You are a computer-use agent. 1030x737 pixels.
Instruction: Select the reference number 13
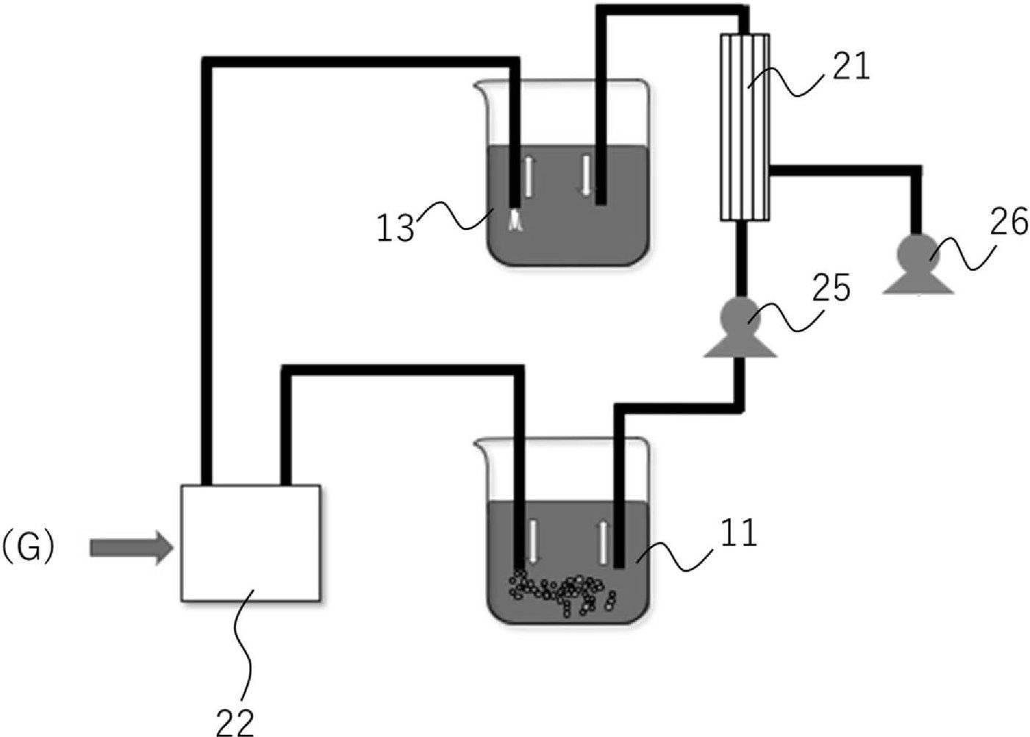pos(396,228)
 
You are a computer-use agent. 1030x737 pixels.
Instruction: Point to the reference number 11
pos(739,533)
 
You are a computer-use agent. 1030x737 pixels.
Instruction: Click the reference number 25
pos(831,288)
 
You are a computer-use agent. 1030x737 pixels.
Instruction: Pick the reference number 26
pos(1009,221)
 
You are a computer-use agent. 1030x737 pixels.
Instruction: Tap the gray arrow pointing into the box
pos(132,547)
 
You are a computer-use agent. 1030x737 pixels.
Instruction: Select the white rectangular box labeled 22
pos(251,542)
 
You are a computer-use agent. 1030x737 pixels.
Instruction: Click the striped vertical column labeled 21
pos(745,127)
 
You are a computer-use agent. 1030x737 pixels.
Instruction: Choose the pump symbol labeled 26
pos(918,264)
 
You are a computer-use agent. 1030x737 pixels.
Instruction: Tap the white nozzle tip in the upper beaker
pos(515,220)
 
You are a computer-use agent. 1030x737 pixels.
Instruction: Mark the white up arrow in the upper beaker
pos(529,176)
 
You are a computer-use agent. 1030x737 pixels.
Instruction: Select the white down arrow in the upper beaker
pos(586,175)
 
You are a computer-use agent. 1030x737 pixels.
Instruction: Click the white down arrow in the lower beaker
pos(533,542)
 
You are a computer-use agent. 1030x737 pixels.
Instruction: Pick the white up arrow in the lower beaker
pos(602,542)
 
